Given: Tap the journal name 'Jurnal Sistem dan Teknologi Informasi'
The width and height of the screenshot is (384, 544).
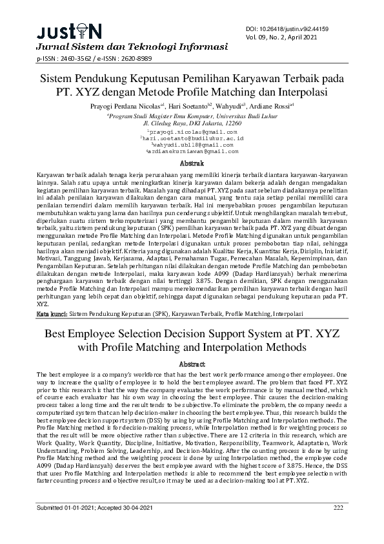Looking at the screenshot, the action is click(132, 47).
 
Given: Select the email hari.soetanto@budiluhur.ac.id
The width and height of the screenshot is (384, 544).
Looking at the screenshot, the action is click(192, 138).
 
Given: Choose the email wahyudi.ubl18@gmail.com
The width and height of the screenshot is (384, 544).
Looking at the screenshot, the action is click(192, 145).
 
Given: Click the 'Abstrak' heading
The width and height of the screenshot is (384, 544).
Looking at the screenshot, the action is click(191, 164).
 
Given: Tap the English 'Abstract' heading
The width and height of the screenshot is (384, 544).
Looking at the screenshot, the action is click(191, 364).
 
